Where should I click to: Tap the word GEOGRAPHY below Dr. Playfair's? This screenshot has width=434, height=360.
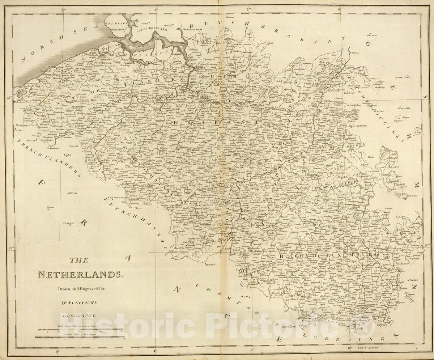coord(79,315)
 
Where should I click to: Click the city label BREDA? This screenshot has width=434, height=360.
coord(230,17)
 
